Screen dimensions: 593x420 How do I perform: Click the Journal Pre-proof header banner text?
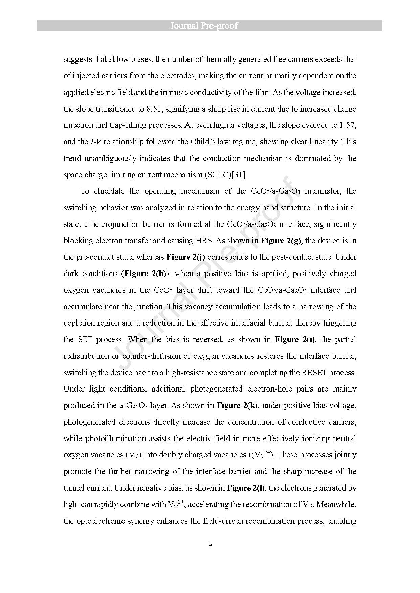tap(204, 26)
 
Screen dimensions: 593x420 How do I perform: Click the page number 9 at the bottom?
tap(210, 545)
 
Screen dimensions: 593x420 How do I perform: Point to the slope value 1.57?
tap(348, 125)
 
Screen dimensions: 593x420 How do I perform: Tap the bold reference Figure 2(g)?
tap(281, 241)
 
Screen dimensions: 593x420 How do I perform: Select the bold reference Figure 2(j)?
tap(186, 257)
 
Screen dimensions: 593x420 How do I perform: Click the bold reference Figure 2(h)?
tap(145, 274)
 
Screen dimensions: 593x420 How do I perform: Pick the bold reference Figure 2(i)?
tap(295, 339)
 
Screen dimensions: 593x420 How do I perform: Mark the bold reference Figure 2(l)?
tap(246, 488)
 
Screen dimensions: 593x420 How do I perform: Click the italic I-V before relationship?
tap(95, 142)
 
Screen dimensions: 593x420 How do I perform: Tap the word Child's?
tap(193, 142)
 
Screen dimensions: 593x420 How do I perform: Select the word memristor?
tap(322, 191)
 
